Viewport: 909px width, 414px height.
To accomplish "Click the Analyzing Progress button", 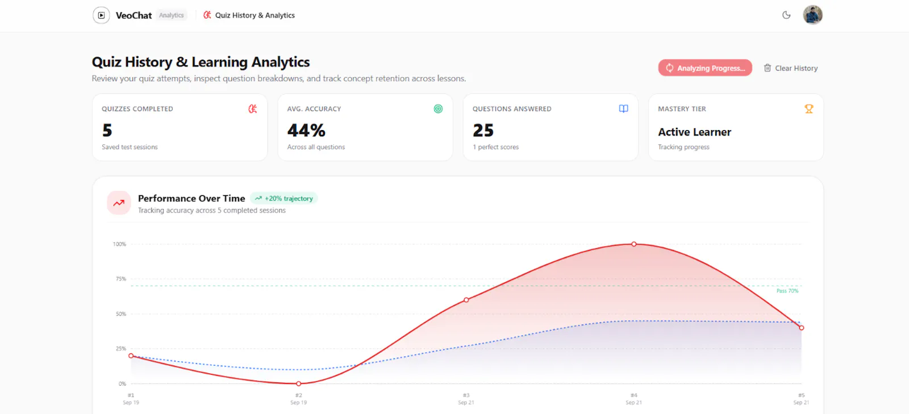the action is pos(705,68).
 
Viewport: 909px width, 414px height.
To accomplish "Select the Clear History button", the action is pos(790,68).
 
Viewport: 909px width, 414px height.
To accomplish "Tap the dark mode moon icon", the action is pos(786,15).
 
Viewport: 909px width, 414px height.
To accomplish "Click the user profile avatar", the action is pos(812,15).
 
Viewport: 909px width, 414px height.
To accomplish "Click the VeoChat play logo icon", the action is pos(102,15).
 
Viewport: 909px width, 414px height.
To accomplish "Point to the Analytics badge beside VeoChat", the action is pos(171,15).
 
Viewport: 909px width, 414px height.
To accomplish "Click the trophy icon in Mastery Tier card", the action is pos(809,108).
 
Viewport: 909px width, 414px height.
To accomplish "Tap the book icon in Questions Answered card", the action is pos(623,108).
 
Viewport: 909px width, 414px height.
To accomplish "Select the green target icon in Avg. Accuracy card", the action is pos(438,108).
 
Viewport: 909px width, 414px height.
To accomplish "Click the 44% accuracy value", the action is pos(306,131).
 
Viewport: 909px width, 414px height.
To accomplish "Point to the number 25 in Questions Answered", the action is pos(483,131).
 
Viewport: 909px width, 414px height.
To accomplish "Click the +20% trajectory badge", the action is pos(283,198).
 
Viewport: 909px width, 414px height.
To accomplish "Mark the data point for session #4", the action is pos(634,244).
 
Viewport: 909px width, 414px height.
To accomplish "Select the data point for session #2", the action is pos(299,383).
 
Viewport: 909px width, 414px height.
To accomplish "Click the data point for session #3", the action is pos(466,300).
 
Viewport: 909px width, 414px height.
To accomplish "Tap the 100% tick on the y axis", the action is pos(119,244).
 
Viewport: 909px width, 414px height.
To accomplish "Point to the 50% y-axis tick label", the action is pos(121,314).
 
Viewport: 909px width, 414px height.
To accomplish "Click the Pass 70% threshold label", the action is pos(787,291).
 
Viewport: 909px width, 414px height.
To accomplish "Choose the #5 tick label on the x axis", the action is pos(801,395).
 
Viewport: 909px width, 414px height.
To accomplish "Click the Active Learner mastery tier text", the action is pos(694,132).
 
